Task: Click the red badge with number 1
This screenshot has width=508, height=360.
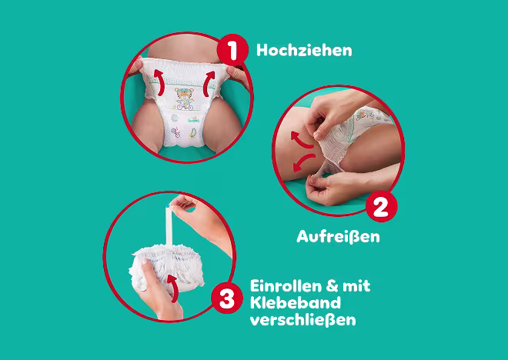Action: [232, 50]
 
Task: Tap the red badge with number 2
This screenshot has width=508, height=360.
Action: [381, 206]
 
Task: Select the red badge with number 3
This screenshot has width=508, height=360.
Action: [227, 298]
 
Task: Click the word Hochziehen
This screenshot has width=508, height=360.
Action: [304, 51]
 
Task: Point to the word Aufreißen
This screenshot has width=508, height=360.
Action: [338, 236]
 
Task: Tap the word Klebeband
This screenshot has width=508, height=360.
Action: [296, 303]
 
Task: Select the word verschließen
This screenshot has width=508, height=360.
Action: [303, 320]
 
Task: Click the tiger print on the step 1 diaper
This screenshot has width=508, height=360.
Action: [185, 98]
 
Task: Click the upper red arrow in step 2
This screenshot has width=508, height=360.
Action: [301, 140]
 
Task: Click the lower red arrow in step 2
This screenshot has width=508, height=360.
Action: [303, 162]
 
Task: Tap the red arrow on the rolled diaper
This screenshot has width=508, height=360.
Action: [173, 288]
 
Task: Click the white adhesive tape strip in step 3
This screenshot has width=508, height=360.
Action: [169, 227]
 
